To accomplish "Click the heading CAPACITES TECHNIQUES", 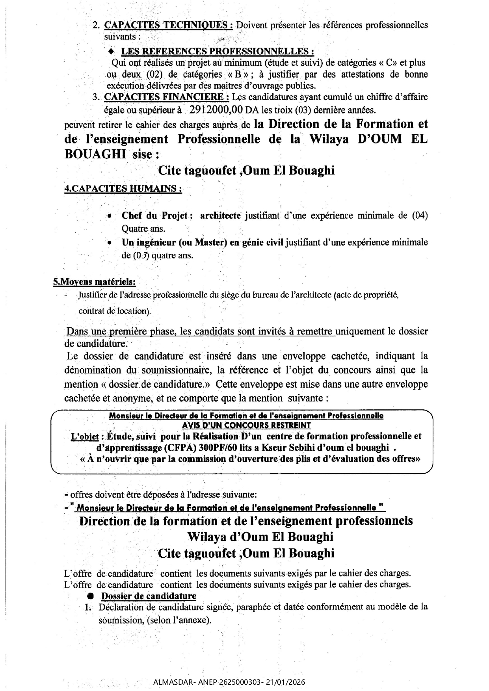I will click(x=168, y=25).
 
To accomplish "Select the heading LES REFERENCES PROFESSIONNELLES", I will click(x=218, y=51).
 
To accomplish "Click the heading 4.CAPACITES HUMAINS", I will click(x=123, y=189).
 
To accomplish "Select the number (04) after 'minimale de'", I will click(x=420, y=215).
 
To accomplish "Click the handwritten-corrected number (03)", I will click(x=141, y=255).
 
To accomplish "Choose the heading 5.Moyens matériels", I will click(x=95, y=282).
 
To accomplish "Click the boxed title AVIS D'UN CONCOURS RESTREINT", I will click(x=246, y=425).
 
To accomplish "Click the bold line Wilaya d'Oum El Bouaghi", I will click(x=260, y=537).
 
